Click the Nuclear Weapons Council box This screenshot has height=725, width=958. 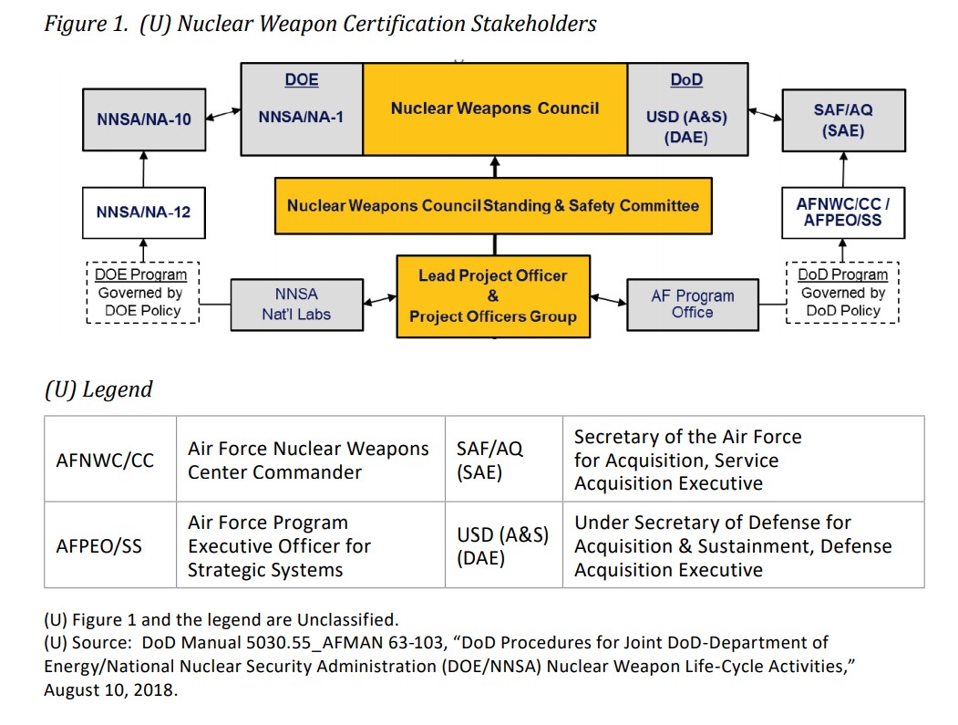[x=494, y=109]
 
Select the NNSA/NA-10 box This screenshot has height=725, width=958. [x=143, y=119]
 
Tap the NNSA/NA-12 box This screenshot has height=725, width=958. [x=143, y=212]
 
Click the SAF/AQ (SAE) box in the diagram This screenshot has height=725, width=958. [x=843, y=119]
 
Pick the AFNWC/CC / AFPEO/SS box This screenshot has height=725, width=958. [x=843, y=212]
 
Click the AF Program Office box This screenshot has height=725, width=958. [x=692, y=305]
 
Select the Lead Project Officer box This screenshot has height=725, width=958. [x=492, y=296]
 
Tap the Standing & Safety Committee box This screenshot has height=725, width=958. [x=493, y=206]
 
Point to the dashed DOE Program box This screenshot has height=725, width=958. [x=142, y=293]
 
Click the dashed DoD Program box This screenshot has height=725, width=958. [x=842, y=293]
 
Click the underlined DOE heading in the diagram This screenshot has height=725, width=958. [x=302, y=80]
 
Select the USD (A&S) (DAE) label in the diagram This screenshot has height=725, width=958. [x=686, y=128]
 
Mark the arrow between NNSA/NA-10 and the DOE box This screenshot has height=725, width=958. [x=223, y=116]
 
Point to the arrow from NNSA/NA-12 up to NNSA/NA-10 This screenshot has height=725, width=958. [x=143, y=170]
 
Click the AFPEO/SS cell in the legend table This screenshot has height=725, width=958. [x=99, y=545]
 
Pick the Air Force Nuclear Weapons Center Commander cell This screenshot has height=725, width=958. [x=308, y=460]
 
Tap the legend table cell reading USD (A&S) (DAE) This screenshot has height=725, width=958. [x=503, y=545]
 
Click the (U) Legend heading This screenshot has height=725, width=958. [x=98, y=389]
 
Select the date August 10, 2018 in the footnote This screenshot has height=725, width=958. [x=111, y=689]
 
